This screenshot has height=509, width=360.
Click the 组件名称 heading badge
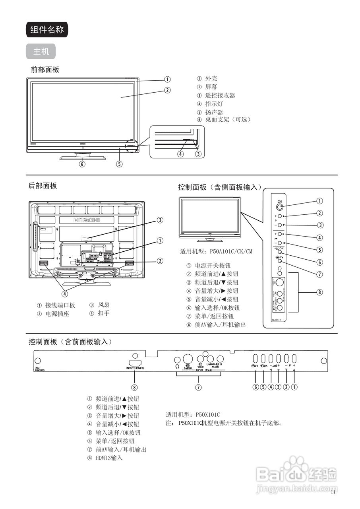(x=47, y=30)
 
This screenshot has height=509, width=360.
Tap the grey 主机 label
(x=41, y=52)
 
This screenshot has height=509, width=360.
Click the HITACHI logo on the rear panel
(x=87, y=220)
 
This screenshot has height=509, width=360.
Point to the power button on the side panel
(x=280, y=206)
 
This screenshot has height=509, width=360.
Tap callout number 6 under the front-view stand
(x=82, y=163)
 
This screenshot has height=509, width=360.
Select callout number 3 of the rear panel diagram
(x=160, y=220)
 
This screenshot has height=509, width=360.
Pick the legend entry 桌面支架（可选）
(x=228, y=119)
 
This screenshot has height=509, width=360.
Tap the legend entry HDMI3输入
(x=109, y=458)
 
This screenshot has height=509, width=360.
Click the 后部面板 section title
(x=43, y=186)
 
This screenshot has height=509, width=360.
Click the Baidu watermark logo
(x=296, y=473)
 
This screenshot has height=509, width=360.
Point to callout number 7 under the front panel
(x=198, y=387)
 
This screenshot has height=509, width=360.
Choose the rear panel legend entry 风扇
(x=104, y=305)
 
